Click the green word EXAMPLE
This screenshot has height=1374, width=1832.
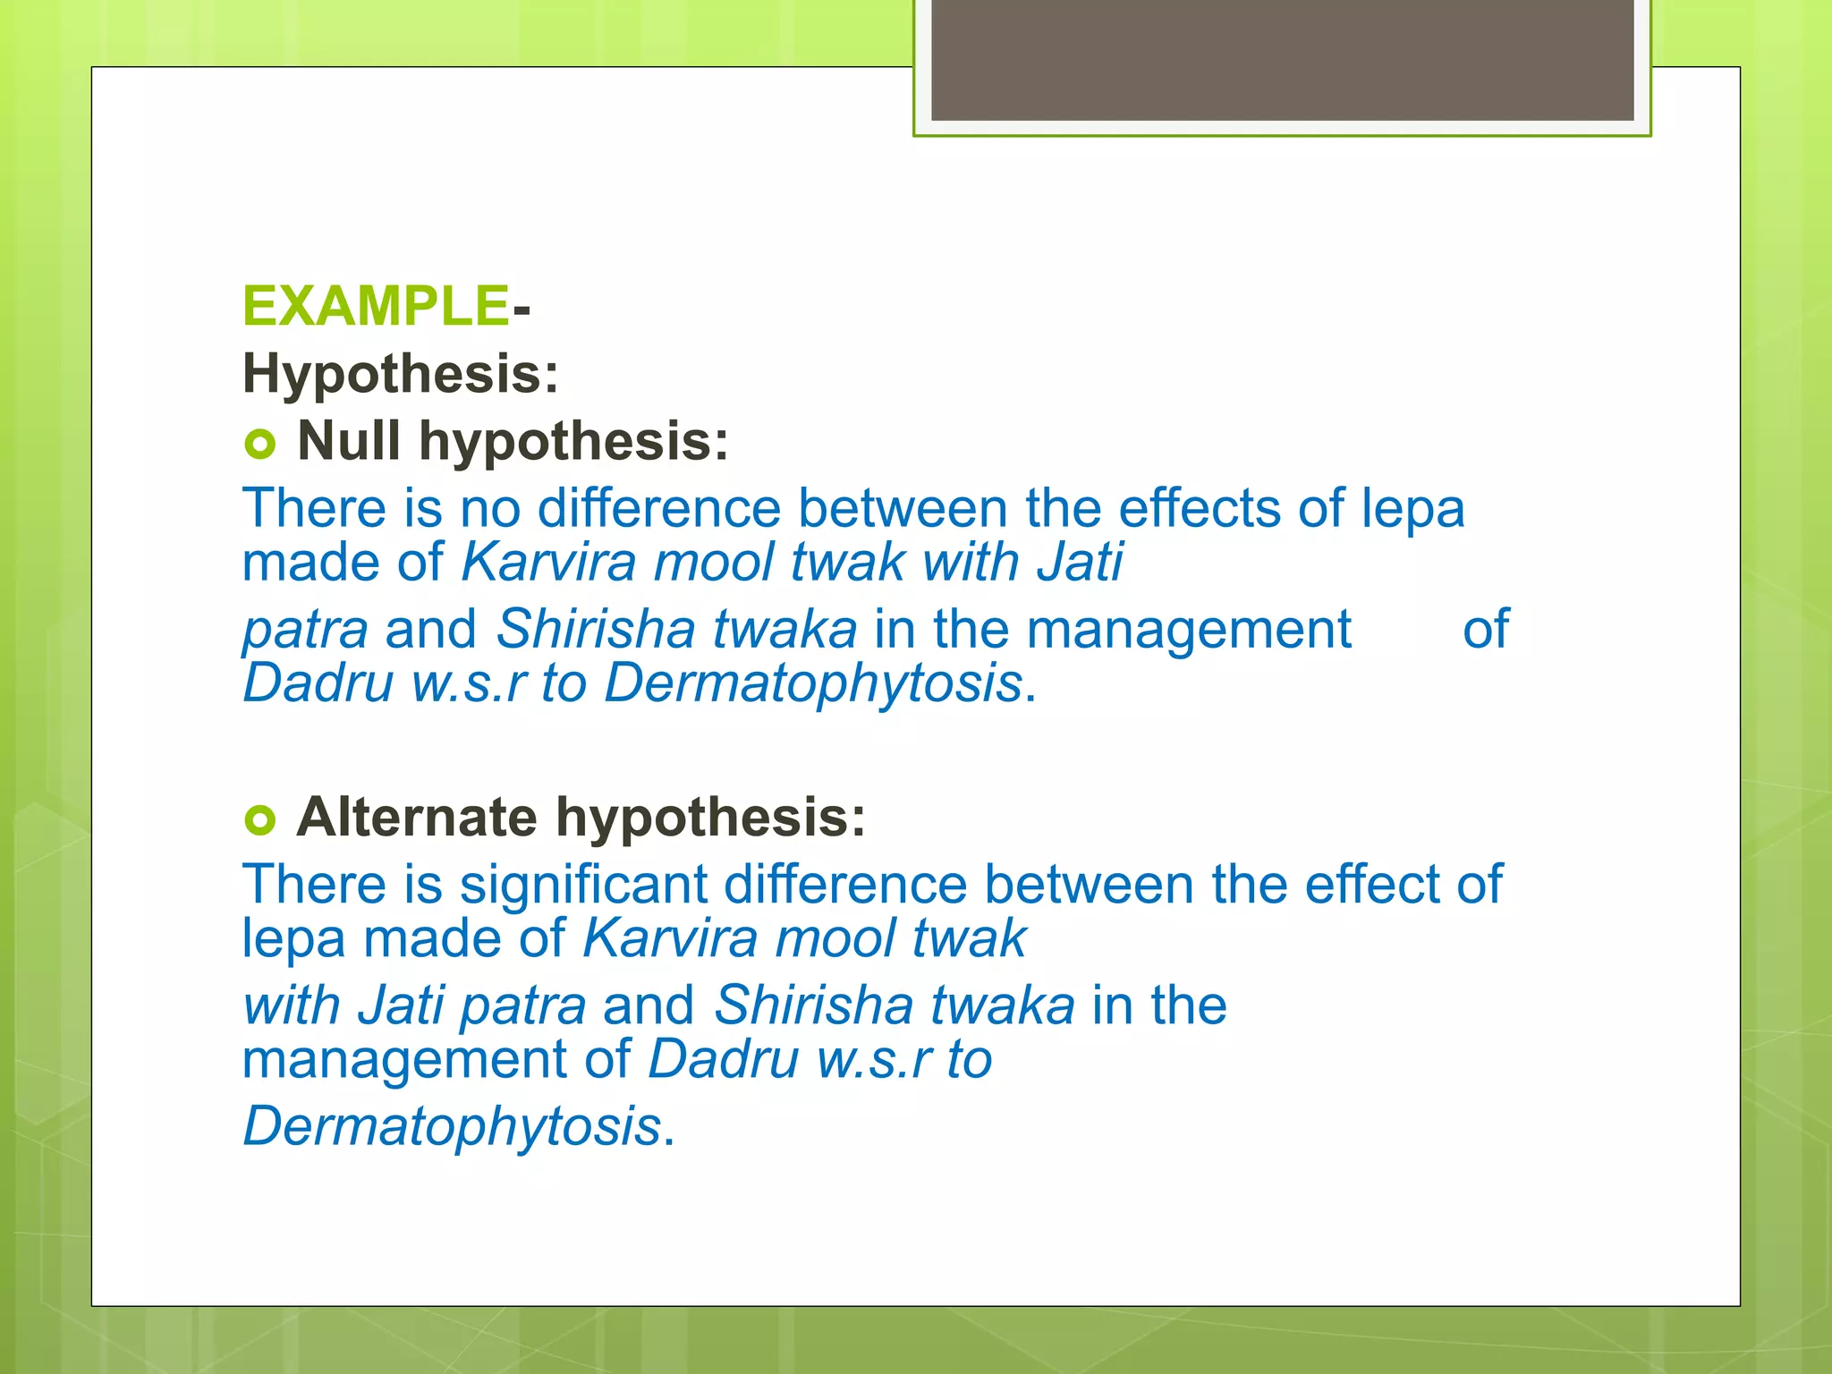376,306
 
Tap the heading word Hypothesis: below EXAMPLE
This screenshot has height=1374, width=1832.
401,373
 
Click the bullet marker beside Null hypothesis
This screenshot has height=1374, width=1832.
259,444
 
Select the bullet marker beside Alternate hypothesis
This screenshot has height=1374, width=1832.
259,819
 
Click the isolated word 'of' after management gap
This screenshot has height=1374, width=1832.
1486,629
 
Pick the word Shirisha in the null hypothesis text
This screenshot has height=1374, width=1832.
596,629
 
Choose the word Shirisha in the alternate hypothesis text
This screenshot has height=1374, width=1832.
813,1005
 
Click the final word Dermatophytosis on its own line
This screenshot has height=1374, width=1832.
452,1126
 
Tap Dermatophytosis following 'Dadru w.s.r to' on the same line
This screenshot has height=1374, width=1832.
812,684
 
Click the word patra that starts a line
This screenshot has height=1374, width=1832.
305,631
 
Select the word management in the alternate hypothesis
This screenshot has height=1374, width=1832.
404,1060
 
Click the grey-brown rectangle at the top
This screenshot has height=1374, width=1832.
1282,60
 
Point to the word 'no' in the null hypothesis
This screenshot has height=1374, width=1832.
490,508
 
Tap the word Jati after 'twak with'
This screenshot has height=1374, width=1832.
1080,563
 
